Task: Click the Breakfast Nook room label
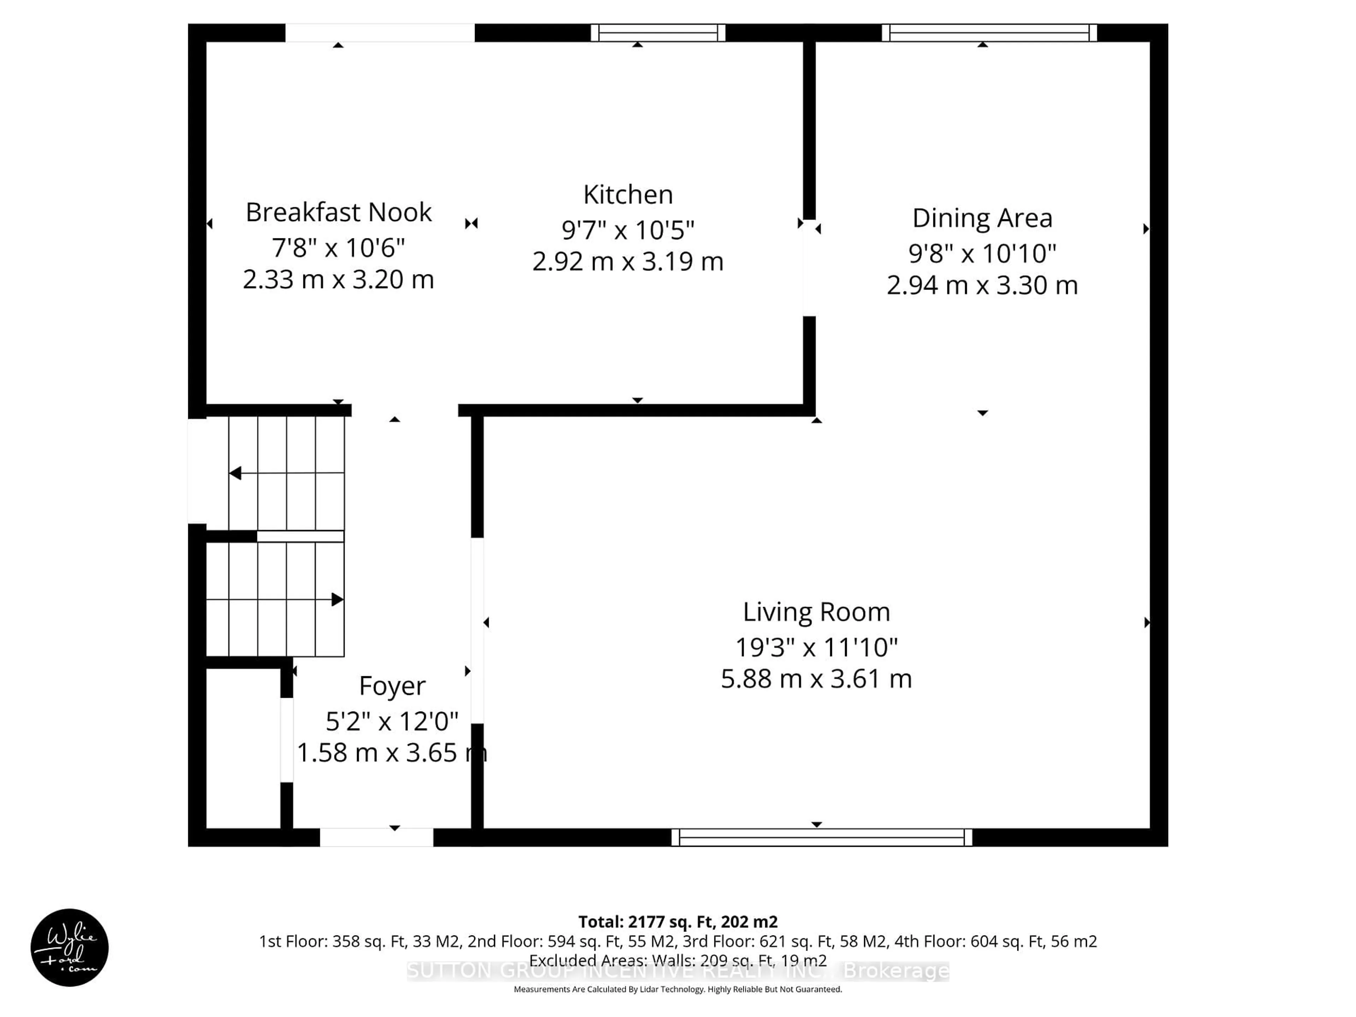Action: click(338, 212)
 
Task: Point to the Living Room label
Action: click(816, 612)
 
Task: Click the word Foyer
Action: click(392, 685)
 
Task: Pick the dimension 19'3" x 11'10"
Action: click(816, 647)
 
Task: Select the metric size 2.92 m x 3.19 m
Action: click(628, 262)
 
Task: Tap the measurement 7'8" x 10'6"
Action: click(338, 248)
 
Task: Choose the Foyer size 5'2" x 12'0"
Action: click(392, 721)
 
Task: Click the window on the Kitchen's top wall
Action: click(658, 32)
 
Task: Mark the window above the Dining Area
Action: click(989, 32)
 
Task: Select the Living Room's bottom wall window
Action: click(821, 837)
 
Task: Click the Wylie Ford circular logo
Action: click(69, 947)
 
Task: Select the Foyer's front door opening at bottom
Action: click(376, 837)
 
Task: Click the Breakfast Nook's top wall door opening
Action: click(380, 32)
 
